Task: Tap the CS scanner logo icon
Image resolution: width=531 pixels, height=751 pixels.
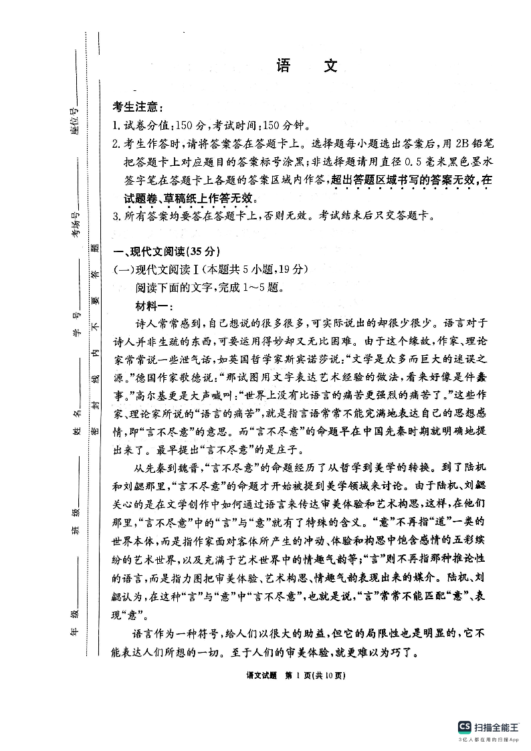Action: coord(463,726)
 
